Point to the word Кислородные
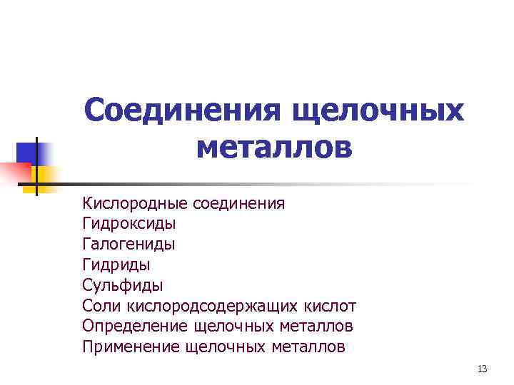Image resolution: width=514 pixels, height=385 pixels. click(x=134, y=204)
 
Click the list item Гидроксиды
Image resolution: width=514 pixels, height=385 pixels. click(x=129, y=224)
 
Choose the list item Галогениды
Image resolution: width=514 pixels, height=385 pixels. click(x=128, y=245)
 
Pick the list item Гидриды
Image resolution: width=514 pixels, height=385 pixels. click(x=116, y=265)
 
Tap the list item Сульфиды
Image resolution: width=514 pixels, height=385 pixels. click(x=123, y=286)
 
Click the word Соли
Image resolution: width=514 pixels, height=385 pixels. click(x=102, y=307)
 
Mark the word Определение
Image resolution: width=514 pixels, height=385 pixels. click(x=135, y=327)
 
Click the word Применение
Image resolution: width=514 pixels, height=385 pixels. click(x=131, y=347)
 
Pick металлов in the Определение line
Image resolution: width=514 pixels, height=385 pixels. click(x=314, y=327)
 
